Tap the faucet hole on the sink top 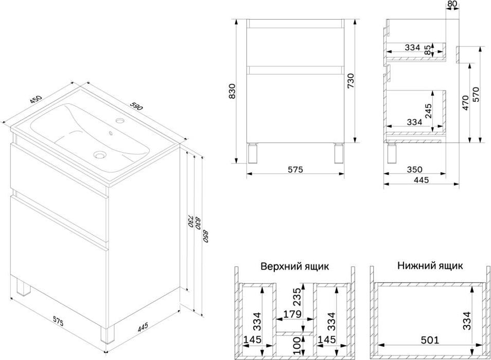pyautogui.click(x=120, y=120)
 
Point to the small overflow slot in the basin pyautogui.click(x=110, y=134)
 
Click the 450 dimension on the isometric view pyautogui.click(x=36, y=99)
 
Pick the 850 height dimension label pyautogui.click(x=206, y=236)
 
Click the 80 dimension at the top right pyautogui.click(x=452, y=4)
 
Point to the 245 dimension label pyautogui.click(x=428, y=111)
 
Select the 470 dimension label pyautogui.click(x=465, y=102)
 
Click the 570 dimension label pyautogui.click(x=476, y=95)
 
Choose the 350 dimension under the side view pyautogui.click(x=415, y=170)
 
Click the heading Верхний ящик pyautogui.click(x=295, y=266)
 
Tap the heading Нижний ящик pyautogui.click(x=430, y=266)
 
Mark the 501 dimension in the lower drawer pyautogui.click(x=430, y=340)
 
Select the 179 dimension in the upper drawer pyautogui.click(x=292, y=314)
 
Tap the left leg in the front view pyautogui.click(x=252, y=153)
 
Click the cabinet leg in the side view pyautogui.click(x=392, y=153)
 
